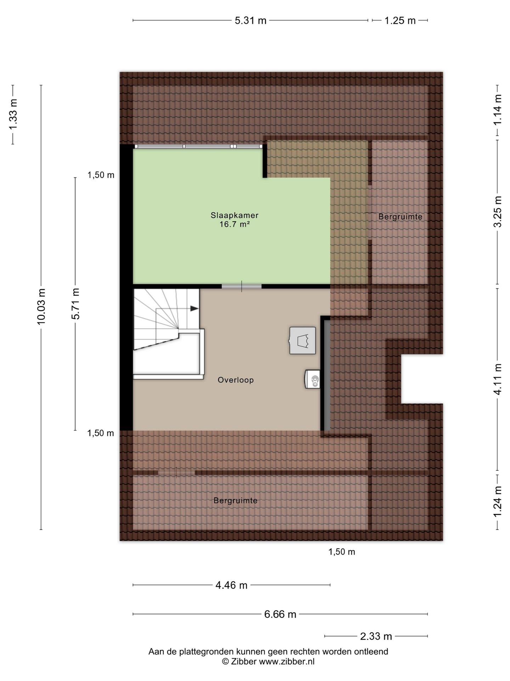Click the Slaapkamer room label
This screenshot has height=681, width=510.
click(x=234, y=215)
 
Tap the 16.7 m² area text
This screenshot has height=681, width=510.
click(x=234, y=224)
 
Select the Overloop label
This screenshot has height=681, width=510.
click(x=236, y=380)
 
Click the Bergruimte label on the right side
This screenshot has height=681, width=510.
click(x=400, y=217)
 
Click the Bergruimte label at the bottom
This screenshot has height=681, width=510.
click(x=235, y=500)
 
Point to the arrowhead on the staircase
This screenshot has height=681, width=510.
click(x=194, y=309)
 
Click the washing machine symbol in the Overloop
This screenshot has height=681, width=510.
click(x=302, y=340)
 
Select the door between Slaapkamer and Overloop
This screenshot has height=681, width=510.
click(x=242, y=286)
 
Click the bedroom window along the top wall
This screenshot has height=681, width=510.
click(x=198, y=146)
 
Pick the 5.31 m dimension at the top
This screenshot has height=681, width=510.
click(x=250, y=21)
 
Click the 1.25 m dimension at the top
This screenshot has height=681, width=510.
click(x=400, y=21)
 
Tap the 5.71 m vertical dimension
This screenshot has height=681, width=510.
click(x=75, y=304)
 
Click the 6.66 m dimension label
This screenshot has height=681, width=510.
click(x=280, y=614)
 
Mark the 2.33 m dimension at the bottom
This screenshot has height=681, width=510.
click(x=376, y=637)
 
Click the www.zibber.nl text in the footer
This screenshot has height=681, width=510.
click(x=287, y=661)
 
